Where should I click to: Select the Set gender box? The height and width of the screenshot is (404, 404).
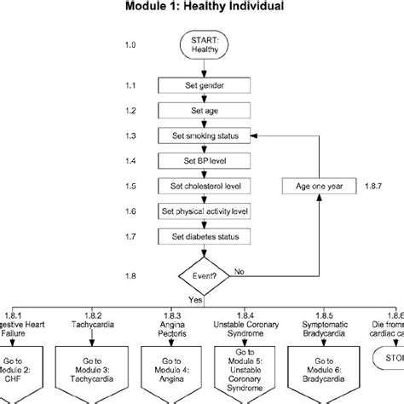click(x=203, y=85)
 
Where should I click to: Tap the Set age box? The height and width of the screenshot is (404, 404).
click(x=203, y=111)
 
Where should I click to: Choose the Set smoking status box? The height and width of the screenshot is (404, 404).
click(x=203, y=136)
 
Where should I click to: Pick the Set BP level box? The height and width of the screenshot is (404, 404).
click(x=203, y=160)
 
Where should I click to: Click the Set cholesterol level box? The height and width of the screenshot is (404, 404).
click(x=203, y=186)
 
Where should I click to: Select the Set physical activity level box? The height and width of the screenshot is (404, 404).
click(x=203, y=211)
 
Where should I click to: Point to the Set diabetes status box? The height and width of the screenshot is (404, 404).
click(x=203, y=235)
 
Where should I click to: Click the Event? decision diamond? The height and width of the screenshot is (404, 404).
click(x=202, y=275)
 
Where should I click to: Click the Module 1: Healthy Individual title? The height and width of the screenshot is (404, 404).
click(x=201, y=8)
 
